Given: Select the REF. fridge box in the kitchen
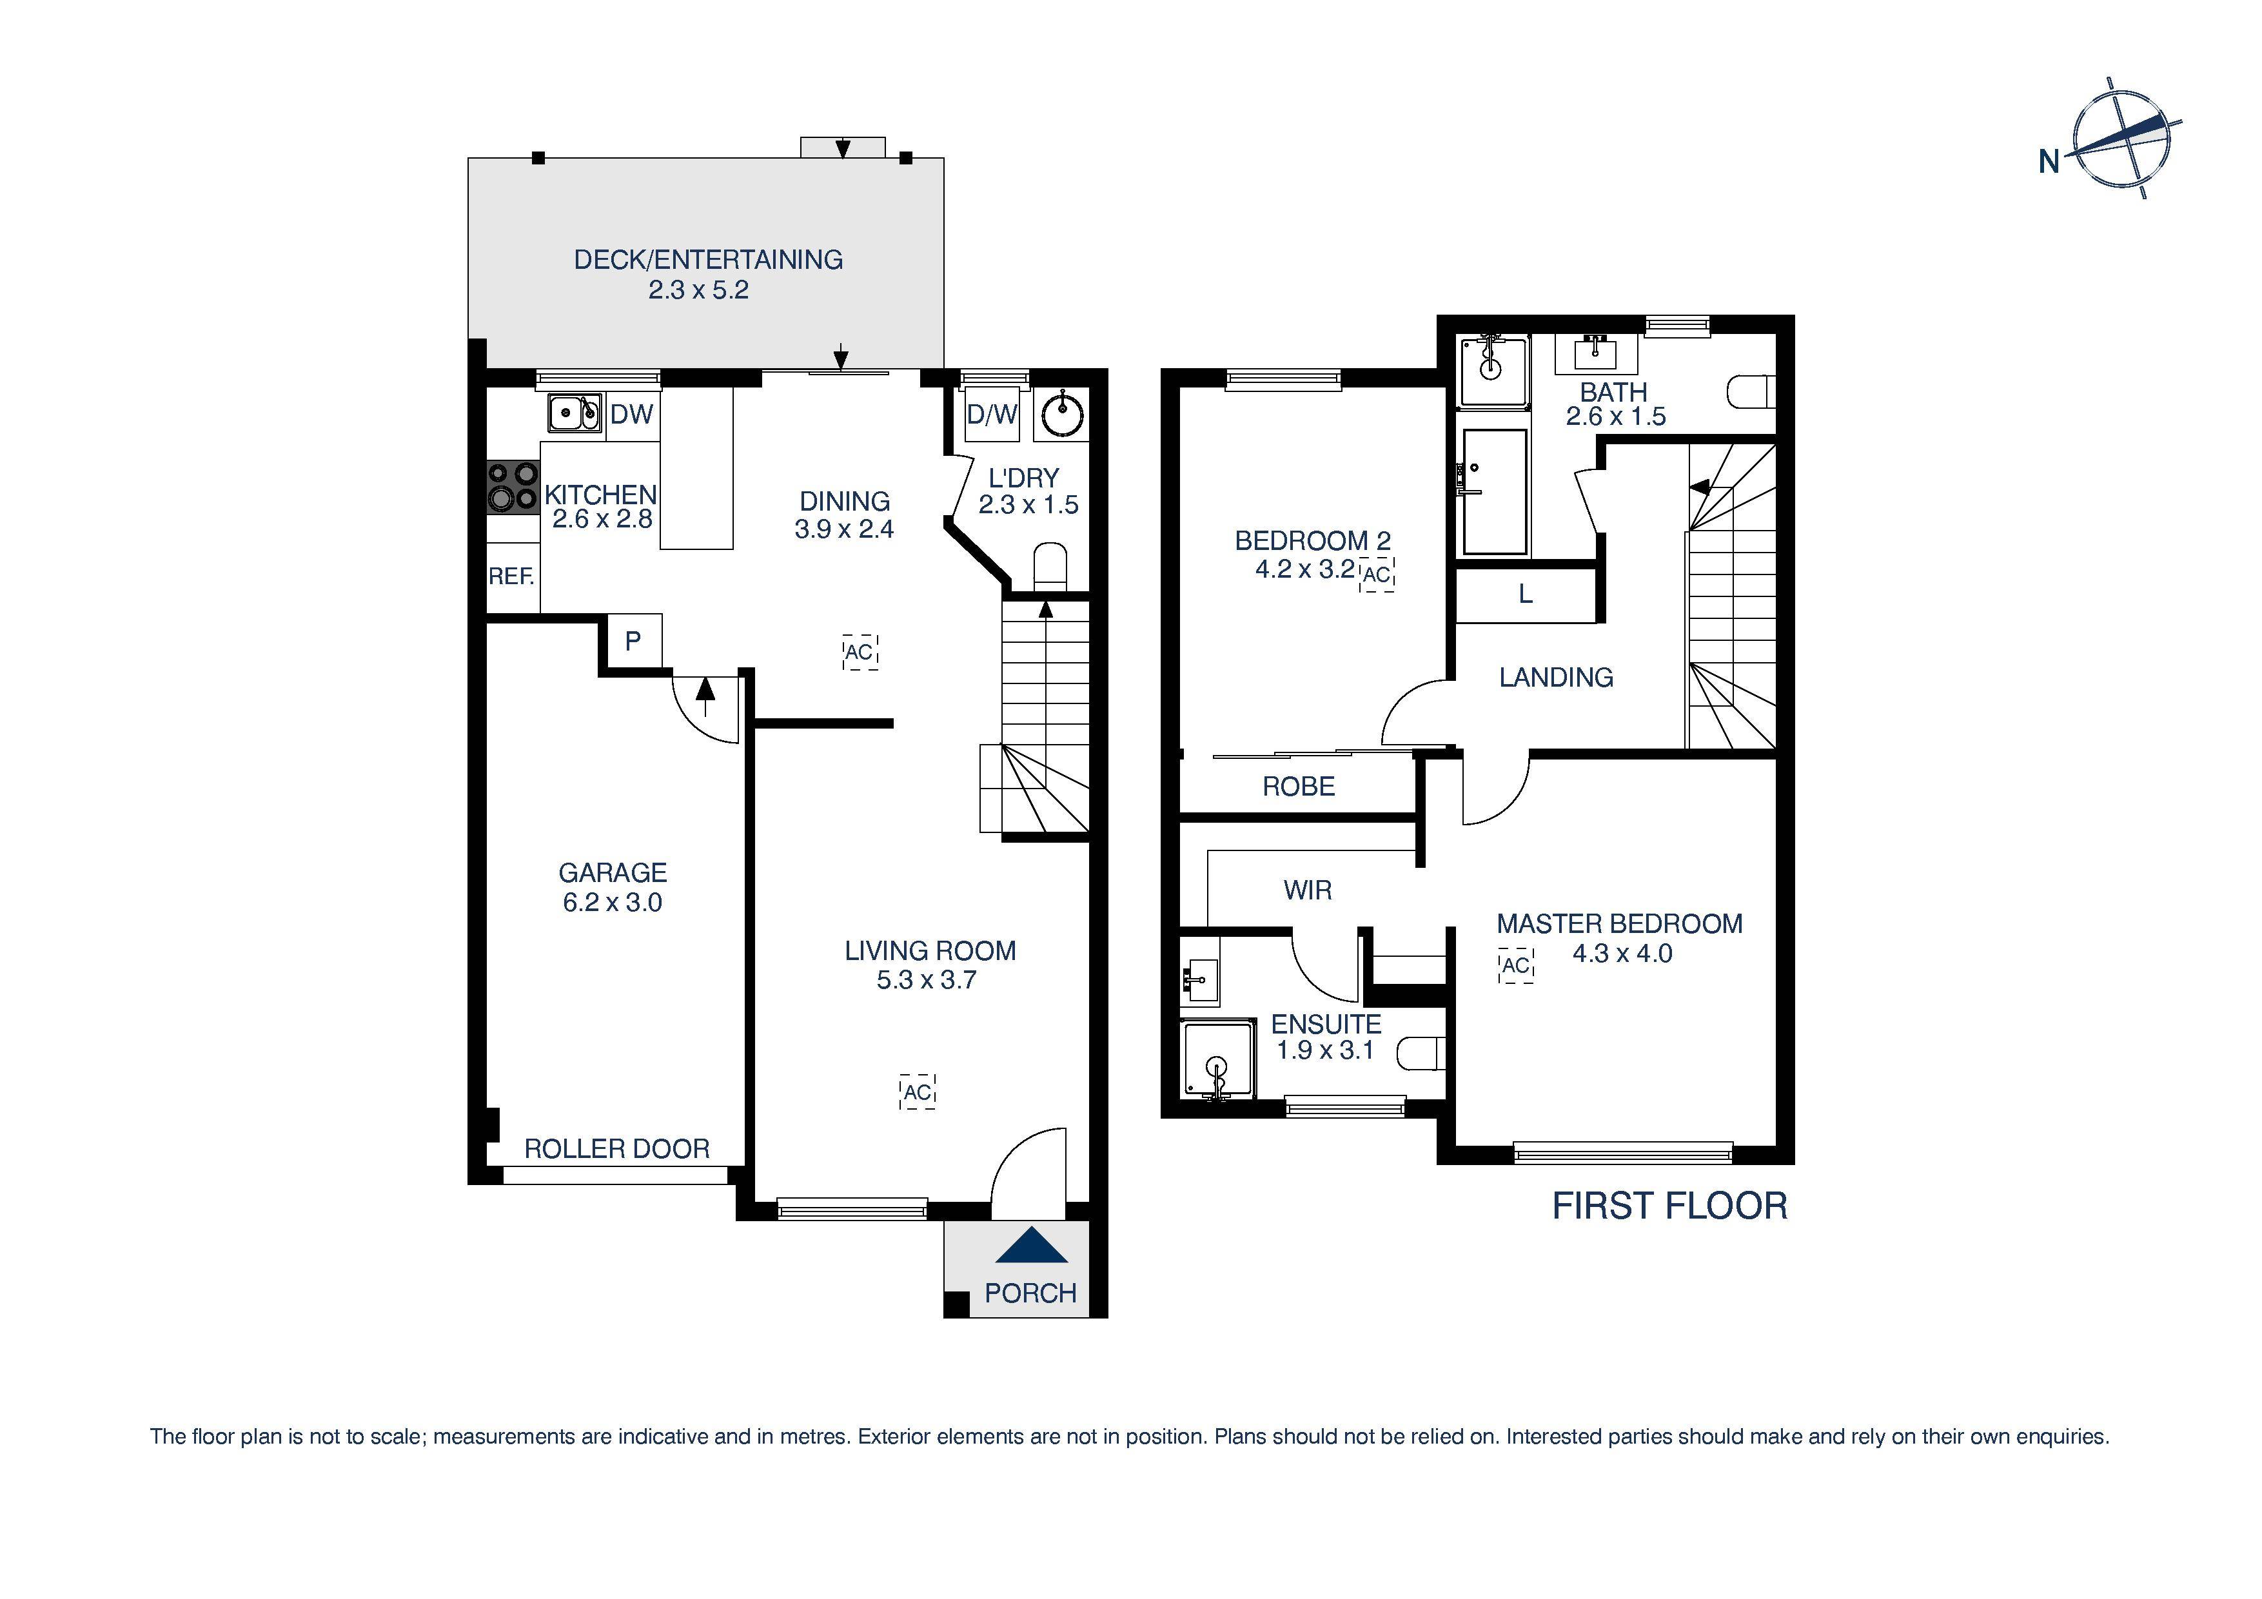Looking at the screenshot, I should click(x=512, y=577).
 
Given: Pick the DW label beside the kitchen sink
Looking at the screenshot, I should click(x=631, y=414).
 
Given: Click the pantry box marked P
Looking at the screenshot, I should click(x=633, y=642).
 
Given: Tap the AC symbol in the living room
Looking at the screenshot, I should click(x=917, y=1092).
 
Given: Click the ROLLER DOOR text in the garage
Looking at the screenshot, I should click(x=616, y=1149).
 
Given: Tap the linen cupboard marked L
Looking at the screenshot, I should click(x=1525, y=594).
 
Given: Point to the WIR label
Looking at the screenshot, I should click(x=1307, y=890).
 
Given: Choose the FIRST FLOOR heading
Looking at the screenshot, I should click(x=1669, y=1206).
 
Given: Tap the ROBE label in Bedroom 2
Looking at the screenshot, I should click(x=1299, y=786).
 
